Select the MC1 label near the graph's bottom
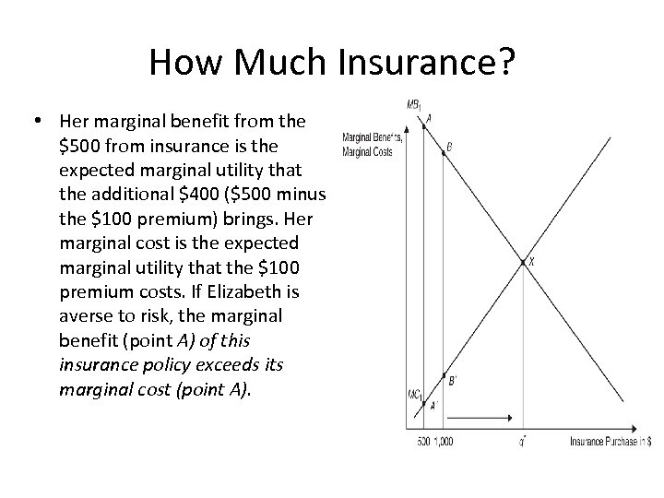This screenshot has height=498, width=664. coord(414,395)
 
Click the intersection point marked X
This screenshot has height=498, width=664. coord(523,263)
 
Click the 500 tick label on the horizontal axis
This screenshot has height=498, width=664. coord(424,441)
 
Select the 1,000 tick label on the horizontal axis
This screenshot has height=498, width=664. coord(445,441)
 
